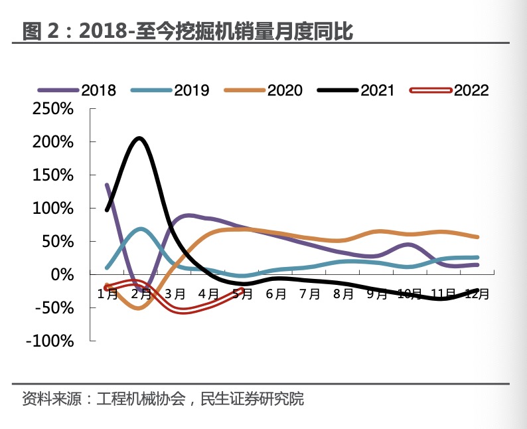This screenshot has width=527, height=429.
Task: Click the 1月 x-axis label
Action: (x=107, y=294)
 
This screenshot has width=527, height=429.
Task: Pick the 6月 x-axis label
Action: (x=275, y=294)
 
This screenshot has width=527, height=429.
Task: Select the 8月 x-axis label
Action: (x=342, y=294)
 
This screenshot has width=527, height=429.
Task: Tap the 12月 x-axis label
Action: (x=476, y=294)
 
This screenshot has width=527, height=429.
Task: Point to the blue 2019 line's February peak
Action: (x=141, y=229)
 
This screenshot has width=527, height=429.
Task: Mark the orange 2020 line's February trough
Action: (x=139, y=307)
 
